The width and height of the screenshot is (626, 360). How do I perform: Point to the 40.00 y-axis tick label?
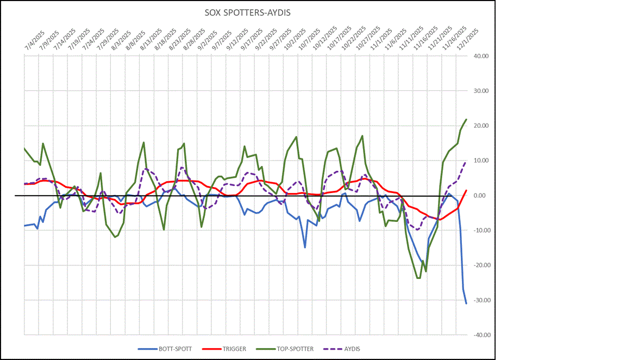coord(482,56)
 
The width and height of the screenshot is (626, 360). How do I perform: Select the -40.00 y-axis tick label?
coord(481,335)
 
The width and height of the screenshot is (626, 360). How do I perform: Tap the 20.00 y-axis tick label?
coord(482,126)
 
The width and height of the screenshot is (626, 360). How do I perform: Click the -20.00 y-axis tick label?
coord(481,265)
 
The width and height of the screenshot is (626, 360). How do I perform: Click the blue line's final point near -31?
coord(466,303)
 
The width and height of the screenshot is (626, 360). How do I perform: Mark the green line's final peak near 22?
coord(466,119)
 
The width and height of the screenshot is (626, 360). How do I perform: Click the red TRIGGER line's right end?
coord(466,190)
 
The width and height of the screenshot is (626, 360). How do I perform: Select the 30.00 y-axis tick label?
coord(482,91)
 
